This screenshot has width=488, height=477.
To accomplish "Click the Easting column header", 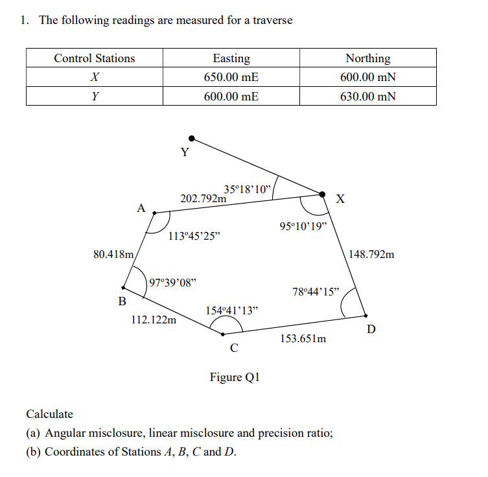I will point(231,58).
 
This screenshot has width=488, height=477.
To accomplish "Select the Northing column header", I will point(368,58).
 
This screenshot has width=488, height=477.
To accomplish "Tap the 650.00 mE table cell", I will point(231,77).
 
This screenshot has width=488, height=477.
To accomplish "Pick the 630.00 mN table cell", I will point(368,97).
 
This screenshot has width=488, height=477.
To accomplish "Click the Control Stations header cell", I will point(95,58).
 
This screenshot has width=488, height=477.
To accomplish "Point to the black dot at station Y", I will point(191,138).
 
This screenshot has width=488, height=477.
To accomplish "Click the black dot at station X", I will point(322,193).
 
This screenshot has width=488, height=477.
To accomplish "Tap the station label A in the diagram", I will point(141,208).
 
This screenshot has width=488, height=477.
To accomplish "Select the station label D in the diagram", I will point(371,329).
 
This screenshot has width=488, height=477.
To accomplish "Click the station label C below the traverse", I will point(234,348).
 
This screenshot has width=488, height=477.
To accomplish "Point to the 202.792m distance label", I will point(203,198).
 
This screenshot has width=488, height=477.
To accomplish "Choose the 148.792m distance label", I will point(371,254).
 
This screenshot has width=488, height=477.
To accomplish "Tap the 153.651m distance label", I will point(303,338).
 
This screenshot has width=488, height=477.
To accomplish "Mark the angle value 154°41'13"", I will point(231,310).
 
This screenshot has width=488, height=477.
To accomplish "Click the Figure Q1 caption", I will point(235,377).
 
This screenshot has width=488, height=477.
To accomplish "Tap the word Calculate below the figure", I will point(50,414).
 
